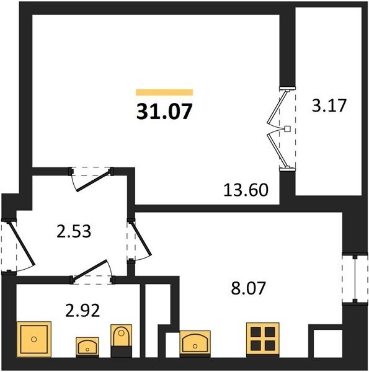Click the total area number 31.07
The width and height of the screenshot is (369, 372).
coord(164,111)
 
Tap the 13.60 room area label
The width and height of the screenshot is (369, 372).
coord(246,190)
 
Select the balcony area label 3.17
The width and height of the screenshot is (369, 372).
coord(329,105)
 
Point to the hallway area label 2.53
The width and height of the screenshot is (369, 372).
coord(74,231)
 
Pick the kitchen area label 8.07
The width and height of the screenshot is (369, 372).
coord(248,288)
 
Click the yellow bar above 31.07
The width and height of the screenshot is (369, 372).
coord(164,92)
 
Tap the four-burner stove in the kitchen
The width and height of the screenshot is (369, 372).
coord(263,339)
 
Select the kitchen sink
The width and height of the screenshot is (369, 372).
coord(195,343)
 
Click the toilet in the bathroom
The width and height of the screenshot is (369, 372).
coord(122,340)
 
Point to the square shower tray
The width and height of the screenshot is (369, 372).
coord(34,339)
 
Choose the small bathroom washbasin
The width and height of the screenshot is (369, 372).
coord(87,347)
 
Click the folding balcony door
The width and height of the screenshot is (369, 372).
coord(281,128)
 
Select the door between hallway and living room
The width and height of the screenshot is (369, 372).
coord(91,177)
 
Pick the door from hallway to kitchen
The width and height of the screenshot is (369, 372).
coord(139,241)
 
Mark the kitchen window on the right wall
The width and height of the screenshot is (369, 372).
coord(355,279)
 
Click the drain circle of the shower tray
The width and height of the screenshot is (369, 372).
coord(34,339)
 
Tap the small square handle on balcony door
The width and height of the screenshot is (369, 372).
coord(287,128)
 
